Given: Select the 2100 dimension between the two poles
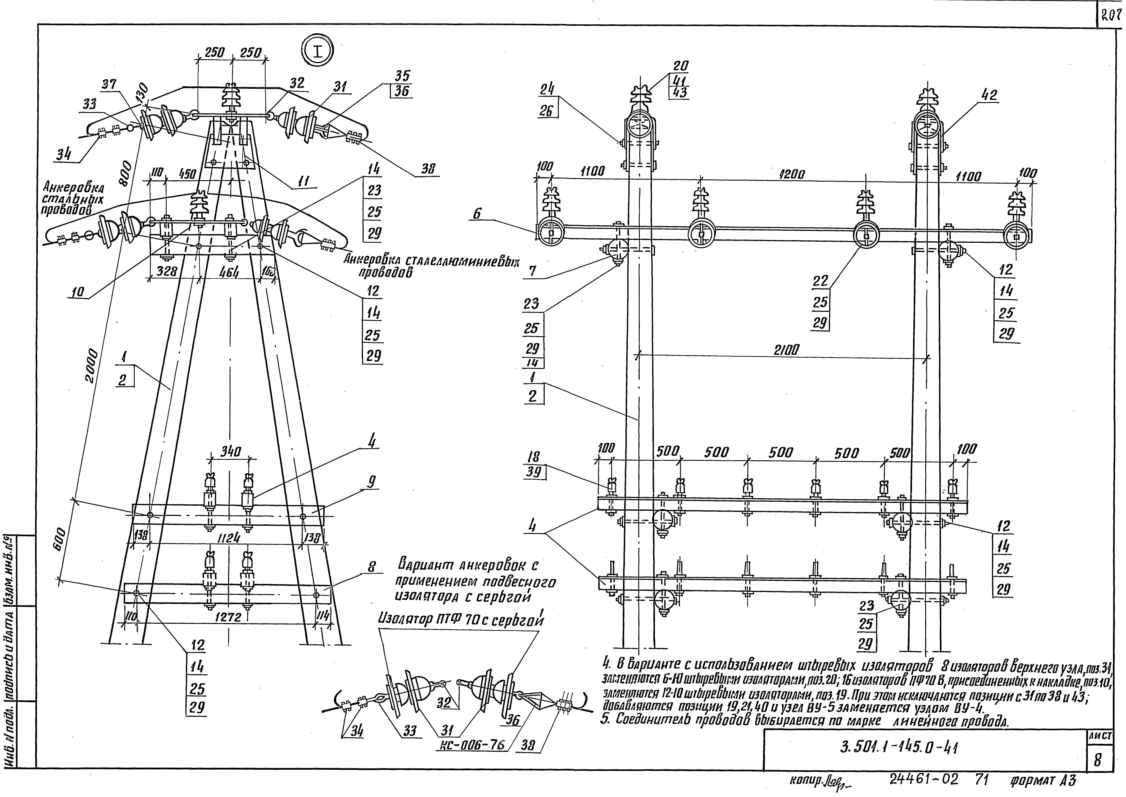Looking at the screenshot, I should [x=786, y=350].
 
